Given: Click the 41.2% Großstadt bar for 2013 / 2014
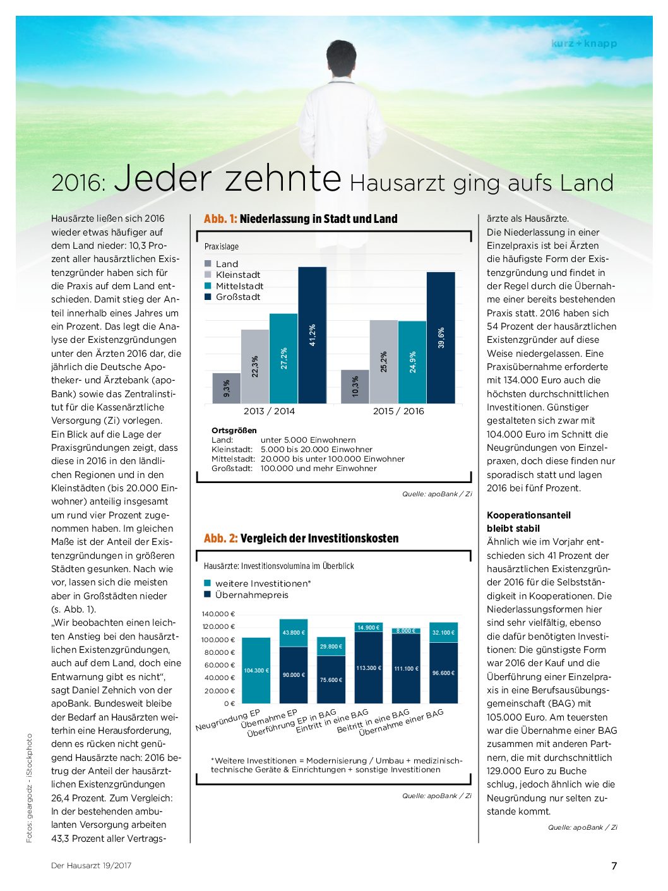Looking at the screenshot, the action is (312, 335).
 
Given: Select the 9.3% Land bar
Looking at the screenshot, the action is (227, 388).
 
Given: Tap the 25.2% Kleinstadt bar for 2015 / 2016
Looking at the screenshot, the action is (383, 362).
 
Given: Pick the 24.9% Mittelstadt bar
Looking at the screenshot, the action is (412, 362).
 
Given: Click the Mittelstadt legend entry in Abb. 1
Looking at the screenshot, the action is (234, 286).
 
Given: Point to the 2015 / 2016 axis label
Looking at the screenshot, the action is (398, 411).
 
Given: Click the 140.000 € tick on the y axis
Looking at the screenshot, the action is (218, 614).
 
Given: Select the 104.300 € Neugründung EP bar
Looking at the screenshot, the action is (256, 670).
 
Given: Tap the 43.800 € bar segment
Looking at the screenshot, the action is (294, 633).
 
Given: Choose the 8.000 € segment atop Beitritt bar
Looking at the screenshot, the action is (406, 631).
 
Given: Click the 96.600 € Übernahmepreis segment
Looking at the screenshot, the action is (444, 673).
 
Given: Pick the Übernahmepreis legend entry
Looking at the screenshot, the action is (246, 595).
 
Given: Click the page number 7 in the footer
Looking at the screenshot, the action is (614, 866).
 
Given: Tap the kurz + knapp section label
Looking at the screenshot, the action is (584, 43).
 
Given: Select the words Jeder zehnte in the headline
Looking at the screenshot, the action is (227, 177).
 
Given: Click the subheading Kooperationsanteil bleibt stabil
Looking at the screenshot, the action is (529, 522).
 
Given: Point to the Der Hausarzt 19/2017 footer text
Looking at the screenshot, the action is (92, 866).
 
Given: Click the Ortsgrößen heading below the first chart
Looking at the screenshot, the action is (234, 430).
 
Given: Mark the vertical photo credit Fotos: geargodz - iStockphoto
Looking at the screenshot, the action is (29, 787).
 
